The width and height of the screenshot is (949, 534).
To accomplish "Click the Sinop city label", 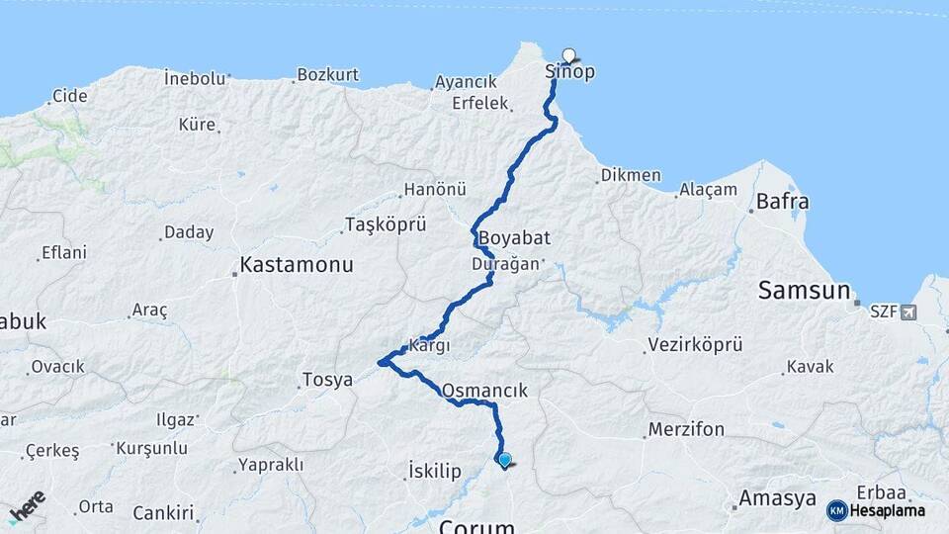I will [570, 72].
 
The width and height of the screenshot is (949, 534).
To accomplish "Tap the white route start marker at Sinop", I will [568, 55].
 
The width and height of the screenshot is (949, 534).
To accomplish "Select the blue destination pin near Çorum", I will [505, 459].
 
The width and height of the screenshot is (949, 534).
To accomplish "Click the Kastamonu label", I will [297, 266].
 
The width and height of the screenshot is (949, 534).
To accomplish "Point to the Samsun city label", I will [804, 291].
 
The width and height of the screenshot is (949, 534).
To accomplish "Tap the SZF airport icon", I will [907, 311].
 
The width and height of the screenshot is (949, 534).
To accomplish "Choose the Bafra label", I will [782, 202].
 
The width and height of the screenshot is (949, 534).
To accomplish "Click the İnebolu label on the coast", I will [195, 77].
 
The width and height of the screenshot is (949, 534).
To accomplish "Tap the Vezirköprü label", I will [694, 345].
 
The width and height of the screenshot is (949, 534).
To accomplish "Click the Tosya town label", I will [327, 380].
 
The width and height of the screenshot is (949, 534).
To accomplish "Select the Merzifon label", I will [686, 430].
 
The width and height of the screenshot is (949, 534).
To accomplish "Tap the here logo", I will [27, 506].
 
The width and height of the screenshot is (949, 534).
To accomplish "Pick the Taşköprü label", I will [385, 225].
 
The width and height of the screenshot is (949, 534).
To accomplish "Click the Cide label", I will [69, 96].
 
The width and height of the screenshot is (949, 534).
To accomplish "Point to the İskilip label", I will [434, 471].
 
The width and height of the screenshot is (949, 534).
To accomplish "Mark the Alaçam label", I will [708, 190].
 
